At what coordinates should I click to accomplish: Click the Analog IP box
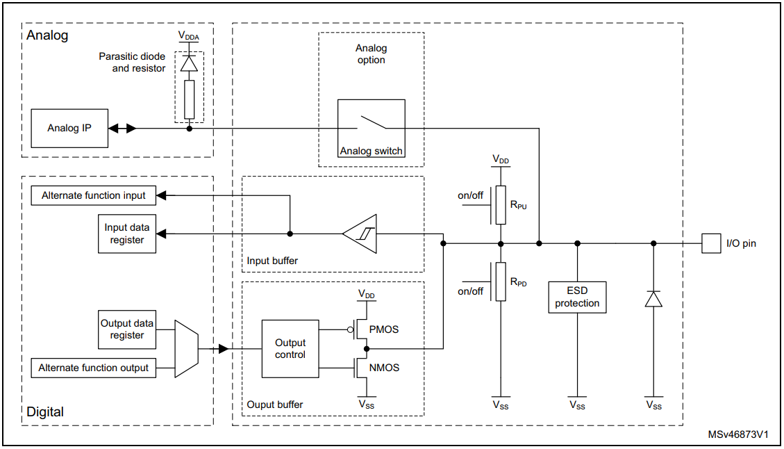(x=69, y=128)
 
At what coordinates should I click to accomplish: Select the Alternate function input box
(x=94, y=195)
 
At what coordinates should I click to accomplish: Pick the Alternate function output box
(x=94, y=368)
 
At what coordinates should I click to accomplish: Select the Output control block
(x=290, y=348)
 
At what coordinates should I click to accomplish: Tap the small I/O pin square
(x=710, y=243)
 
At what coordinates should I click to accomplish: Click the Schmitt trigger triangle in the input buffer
(x=360, y=234)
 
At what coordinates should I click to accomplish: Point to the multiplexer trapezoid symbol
(x=186, y=348)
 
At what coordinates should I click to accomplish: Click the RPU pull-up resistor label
(x=519, y=206)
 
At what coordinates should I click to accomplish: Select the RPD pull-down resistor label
(x=519, y=282)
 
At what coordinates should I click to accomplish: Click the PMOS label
(x=385, y=329)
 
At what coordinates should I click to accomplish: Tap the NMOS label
(x=385, y=368)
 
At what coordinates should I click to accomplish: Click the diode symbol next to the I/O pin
(x=653, y=299)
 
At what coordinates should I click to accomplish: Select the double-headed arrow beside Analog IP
(x=122, y=128)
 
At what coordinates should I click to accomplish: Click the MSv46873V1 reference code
(x=738, y=434)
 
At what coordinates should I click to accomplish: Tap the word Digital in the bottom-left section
(x=45, y=411)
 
